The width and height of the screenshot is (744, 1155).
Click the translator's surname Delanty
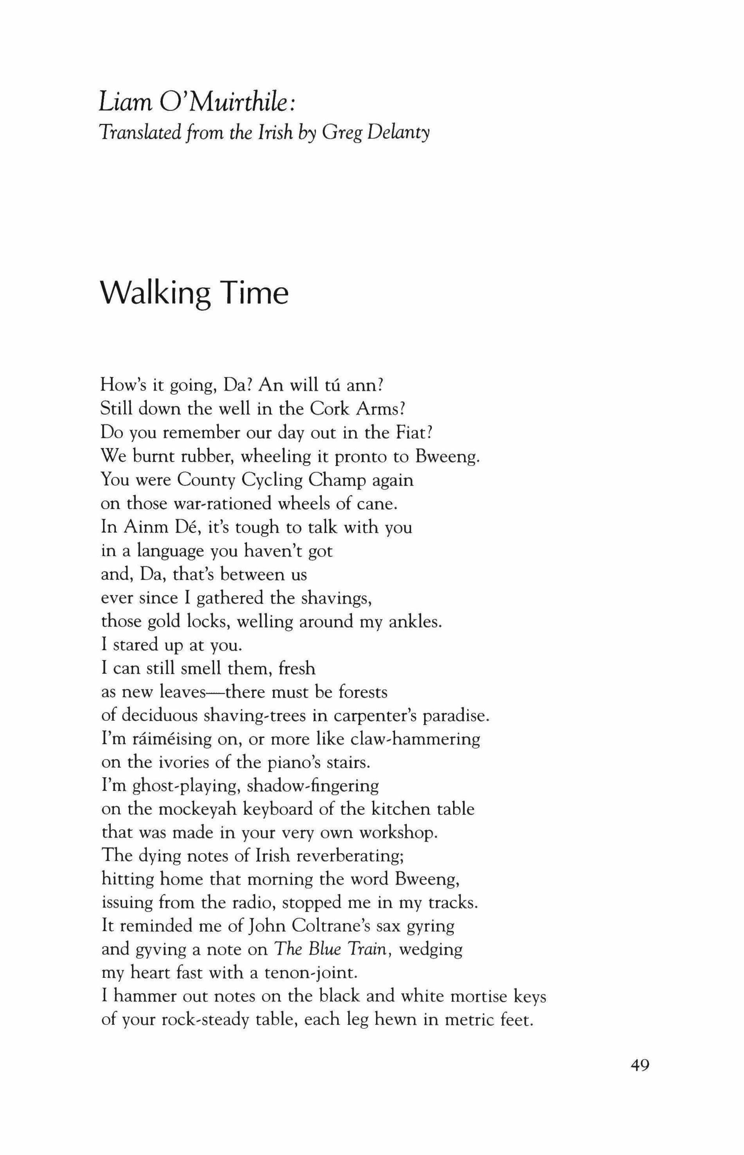click(x=399, y=132)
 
